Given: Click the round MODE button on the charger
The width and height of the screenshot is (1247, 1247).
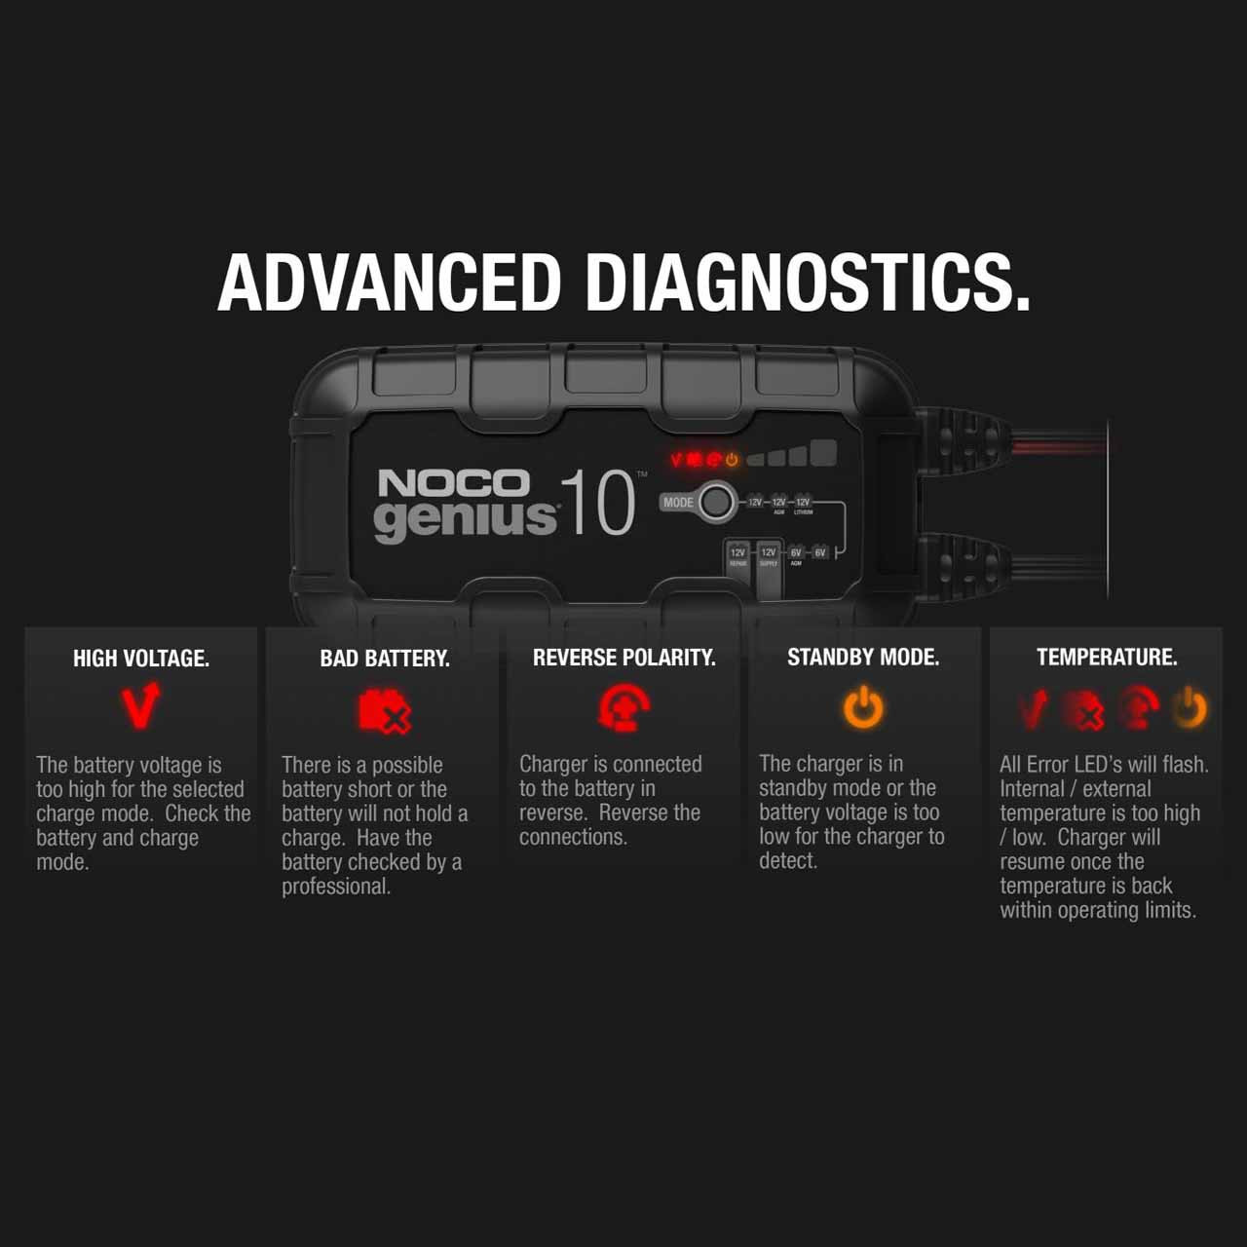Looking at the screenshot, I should click(716, 502).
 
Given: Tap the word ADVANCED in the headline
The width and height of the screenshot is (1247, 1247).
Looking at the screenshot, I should click(389, 283).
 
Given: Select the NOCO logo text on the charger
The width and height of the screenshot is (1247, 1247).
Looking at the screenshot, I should click(453, 483).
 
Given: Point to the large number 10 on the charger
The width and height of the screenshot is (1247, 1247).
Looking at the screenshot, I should click(597, 504).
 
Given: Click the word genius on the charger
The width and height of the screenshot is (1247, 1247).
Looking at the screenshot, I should click(465, 518).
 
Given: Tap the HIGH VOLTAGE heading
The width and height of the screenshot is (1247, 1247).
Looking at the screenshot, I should click(141, 659).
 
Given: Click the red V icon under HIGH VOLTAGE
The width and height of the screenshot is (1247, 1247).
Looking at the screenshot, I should click(140, 707).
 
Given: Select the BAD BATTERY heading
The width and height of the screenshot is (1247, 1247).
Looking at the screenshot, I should click(385, 659).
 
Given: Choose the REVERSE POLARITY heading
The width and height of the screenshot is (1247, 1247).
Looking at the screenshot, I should click(623, 658).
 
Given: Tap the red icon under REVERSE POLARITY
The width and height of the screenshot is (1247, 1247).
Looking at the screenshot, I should click(623, 708).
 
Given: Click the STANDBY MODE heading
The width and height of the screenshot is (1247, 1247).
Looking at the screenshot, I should click(863, 658).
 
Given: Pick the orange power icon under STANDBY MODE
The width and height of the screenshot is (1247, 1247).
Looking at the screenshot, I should click(863, 707).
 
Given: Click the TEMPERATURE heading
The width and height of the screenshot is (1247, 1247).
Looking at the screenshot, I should click(1107, 658).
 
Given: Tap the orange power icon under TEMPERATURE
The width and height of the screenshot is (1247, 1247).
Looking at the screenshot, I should click(1190, 708).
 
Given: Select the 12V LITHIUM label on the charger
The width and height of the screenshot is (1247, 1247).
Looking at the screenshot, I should click(803, 505).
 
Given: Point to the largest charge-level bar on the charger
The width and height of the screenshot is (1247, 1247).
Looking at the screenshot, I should click(824, 453).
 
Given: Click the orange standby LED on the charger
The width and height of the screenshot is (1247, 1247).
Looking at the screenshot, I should click(731, 459).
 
